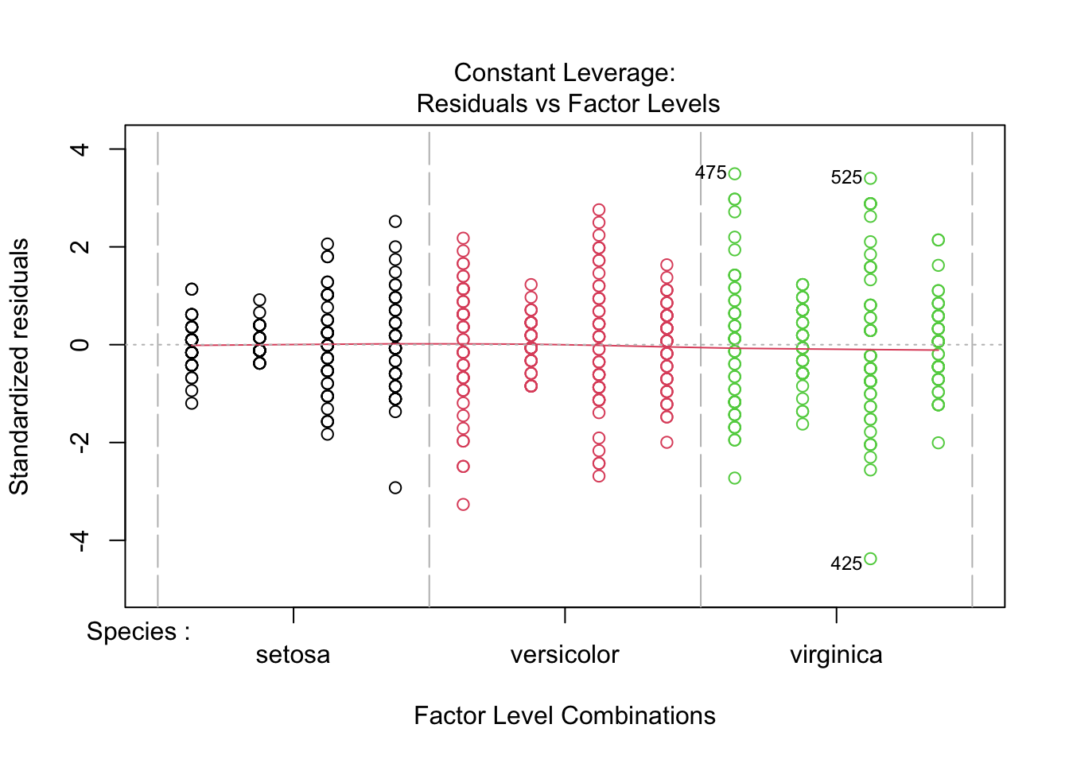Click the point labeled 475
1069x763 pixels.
click(734, 174)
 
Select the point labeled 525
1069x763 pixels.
click(870, 179)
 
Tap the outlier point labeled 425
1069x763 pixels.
click(870, 559)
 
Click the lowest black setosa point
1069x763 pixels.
click(395, 487)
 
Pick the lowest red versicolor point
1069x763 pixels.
click(463, 504)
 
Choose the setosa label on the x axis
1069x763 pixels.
click(293, 655)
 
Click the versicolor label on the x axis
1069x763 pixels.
click(565, 655)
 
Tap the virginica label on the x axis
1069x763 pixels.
click(836, 655)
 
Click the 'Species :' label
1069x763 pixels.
click(138, 632)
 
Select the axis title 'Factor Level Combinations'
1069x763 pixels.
click(565, 715)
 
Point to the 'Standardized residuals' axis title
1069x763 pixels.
click(19, 366)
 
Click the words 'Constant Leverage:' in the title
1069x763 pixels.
click(565, 73)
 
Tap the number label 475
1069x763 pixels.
click(710, 172)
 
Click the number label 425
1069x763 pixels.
click(845, 564)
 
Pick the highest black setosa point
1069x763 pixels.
click(395, 222)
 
